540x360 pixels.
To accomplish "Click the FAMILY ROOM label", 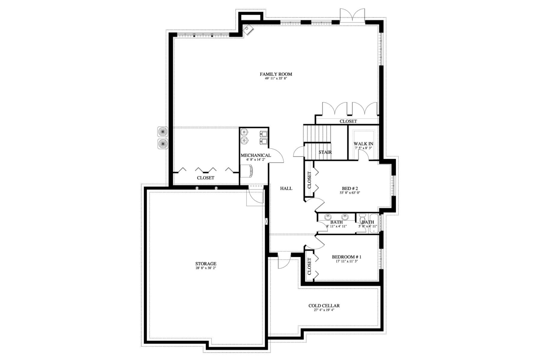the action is pos(276,74).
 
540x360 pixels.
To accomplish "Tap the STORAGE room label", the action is pos(206,264).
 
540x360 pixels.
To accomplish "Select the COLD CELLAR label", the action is pos(324,306).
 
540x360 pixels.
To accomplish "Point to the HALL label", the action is pos(286,188).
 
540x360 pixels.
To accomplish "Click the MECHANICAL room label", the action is pos(256,155).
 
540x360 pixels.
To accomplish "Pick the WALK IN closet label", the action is pos(363,144).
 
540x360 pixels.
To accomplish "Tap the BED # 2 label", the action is pos(350,188).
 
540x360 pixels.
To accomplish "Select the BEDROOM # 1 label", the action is pos(347,257).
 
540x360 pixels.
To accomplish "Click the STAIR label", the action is pos(325,152).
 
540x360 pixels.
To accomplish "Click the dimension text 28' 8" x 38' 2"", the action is pos(206,268).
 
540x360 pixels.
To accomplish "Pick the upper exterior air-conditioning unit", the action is pos(162,131).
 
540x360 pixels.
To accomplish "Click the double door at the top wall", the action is pos(352,16).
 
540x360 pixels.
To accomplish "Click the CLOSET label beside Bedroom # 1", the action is pos(309,266).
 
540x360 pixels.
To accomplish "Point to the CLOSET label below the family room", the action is pos(206,178).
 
